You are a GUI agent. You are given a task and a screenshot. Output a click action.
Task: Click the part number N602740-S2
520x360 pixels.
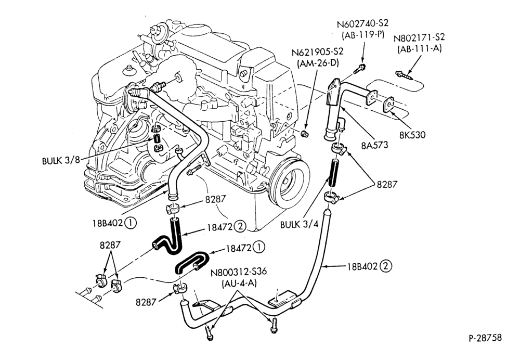362,24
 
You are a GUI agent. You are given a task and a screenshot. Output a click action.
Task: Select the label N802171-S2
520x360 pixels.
419,37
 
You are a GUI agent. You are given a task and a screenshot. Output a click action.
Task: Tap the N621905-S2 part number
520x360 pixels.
318,52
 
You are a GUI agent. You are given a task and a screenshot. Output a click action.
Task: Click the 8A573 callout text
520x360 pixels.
375,145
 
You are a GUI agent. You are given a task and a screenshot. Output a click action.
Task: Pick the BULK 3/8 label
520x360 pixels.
61,161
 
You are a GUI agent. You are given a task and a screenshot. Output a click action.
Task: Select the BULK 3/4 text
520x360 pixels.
299,224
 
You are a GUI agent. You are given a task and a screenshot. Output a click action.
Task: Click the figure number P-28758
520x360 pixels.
485,338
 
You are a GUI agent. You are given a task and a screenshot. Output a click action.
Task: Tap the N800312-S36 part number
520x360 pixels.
239,272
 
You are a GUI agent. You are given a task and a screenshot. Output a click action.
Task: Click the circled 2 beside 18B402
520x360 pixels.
386,266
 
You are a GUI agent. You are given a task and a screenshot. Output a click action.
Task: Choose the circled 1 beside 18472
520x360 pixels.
259,248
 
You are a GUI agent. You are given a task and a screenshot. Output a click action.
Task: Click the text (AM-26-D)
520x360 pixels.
318,63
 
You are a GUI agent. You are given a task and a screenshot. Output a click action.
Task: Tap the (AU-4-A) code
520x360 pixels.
239,284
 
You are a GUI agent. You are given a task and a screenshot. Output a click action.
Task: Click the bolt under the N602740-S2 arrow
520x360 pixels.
359,69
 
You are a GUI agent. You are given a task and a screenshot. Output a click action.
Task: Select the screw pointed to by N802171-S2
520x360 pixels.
404,75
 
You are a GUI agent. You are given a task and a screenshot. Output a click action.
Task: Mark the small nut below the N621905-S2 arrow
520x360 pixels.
304,134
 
